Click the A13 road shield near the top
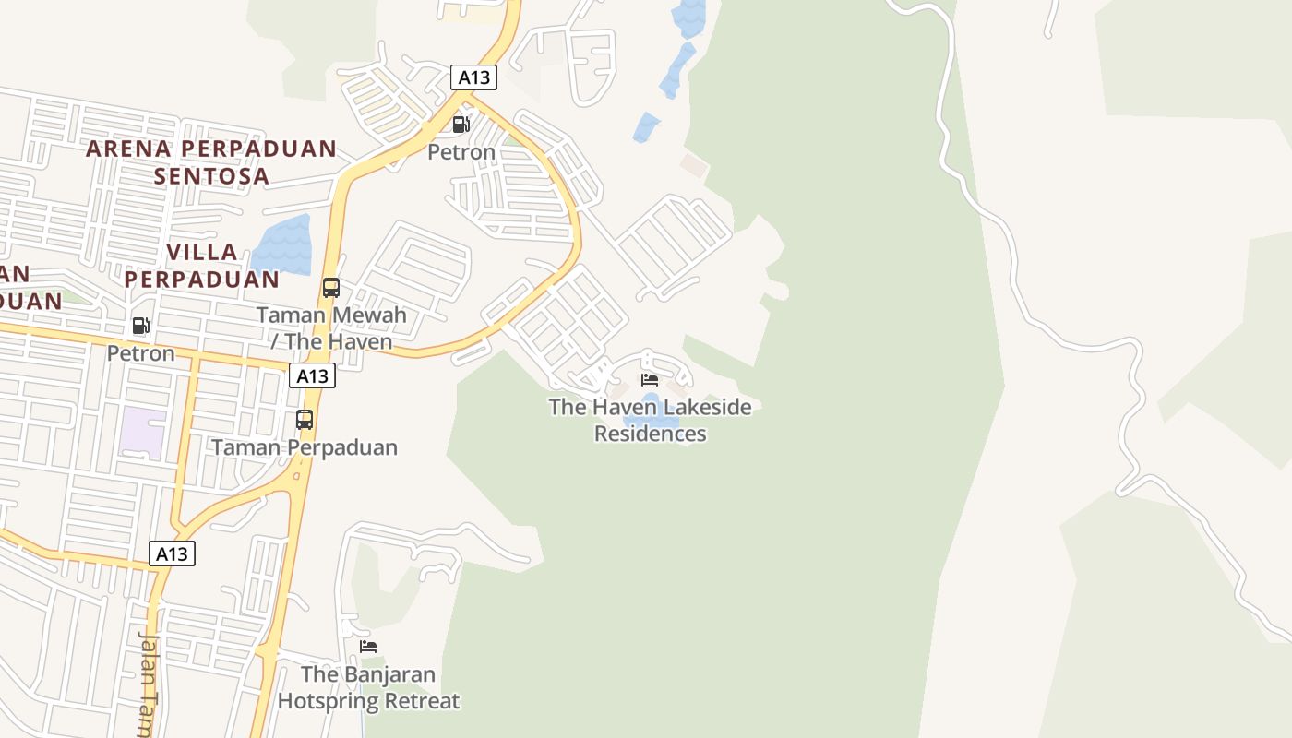tap(474, 77)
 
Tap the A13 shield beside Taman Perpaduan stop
tap(312, 375)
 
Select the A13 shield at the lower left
tap(172, 553)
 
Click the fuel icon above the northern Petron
tap(461, 125)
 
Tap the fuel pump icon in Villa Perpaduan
tap(140, 325)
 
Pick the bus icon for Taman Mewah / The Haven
tap(331, 287)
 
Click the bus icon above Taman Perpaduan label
tap(305, 420)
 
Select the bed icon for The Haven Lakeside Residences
tap(650, 379)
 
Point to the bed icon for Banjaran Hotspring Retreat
tap(368, 647)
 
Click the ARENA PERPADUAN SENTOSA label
tap(211, 161)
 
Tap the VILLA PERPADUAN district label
tap(202, 265)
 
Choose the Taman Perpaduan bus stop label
tap(305, 447)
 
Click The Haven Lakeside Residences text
tap(650, 420)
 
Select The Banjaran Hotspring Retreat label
tap(368, 687)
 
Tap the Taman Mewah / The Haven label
tap(331, 327)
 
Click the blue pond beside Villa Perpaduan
tap(283, 244)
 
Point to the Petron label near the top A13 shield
tap(461, 151)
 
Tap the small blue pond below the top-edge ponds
tap(646, 126)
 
